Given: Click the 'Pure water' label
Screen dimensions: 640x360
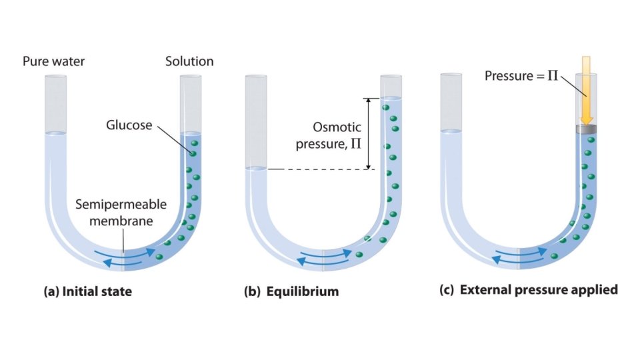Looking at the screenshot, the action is click(x=54, y=62).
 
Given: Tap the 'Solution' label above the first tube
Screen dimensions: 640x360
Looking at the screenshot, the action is click(x=189, y=62).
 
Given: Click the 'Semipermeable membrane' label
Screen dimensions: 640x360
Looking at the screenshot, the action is click(x=121, y=211).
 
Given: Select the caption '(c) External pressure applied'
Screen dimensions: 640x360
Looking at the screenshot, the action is click(x=529, y=291).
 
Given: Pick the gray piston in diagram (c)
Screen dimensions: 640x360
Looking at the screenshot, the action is click(x=586, y=129).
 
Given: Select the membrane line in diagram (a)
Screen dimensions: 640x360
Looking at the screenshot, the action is click(x=124, y=256).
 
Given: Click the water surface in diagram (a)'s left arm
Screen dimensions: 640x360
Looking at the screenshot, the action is click(x=55, y=133).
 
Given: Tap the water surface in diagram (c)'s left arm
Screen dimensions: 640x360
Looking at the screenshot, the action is click(x=452, y=131).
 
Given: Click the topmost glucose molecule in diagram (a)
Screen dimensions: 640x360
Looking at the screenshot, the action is click(x=195, y=143).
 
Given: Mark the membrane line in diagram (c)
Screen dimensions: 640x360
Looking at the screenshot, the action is click(x=520, y=256).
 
